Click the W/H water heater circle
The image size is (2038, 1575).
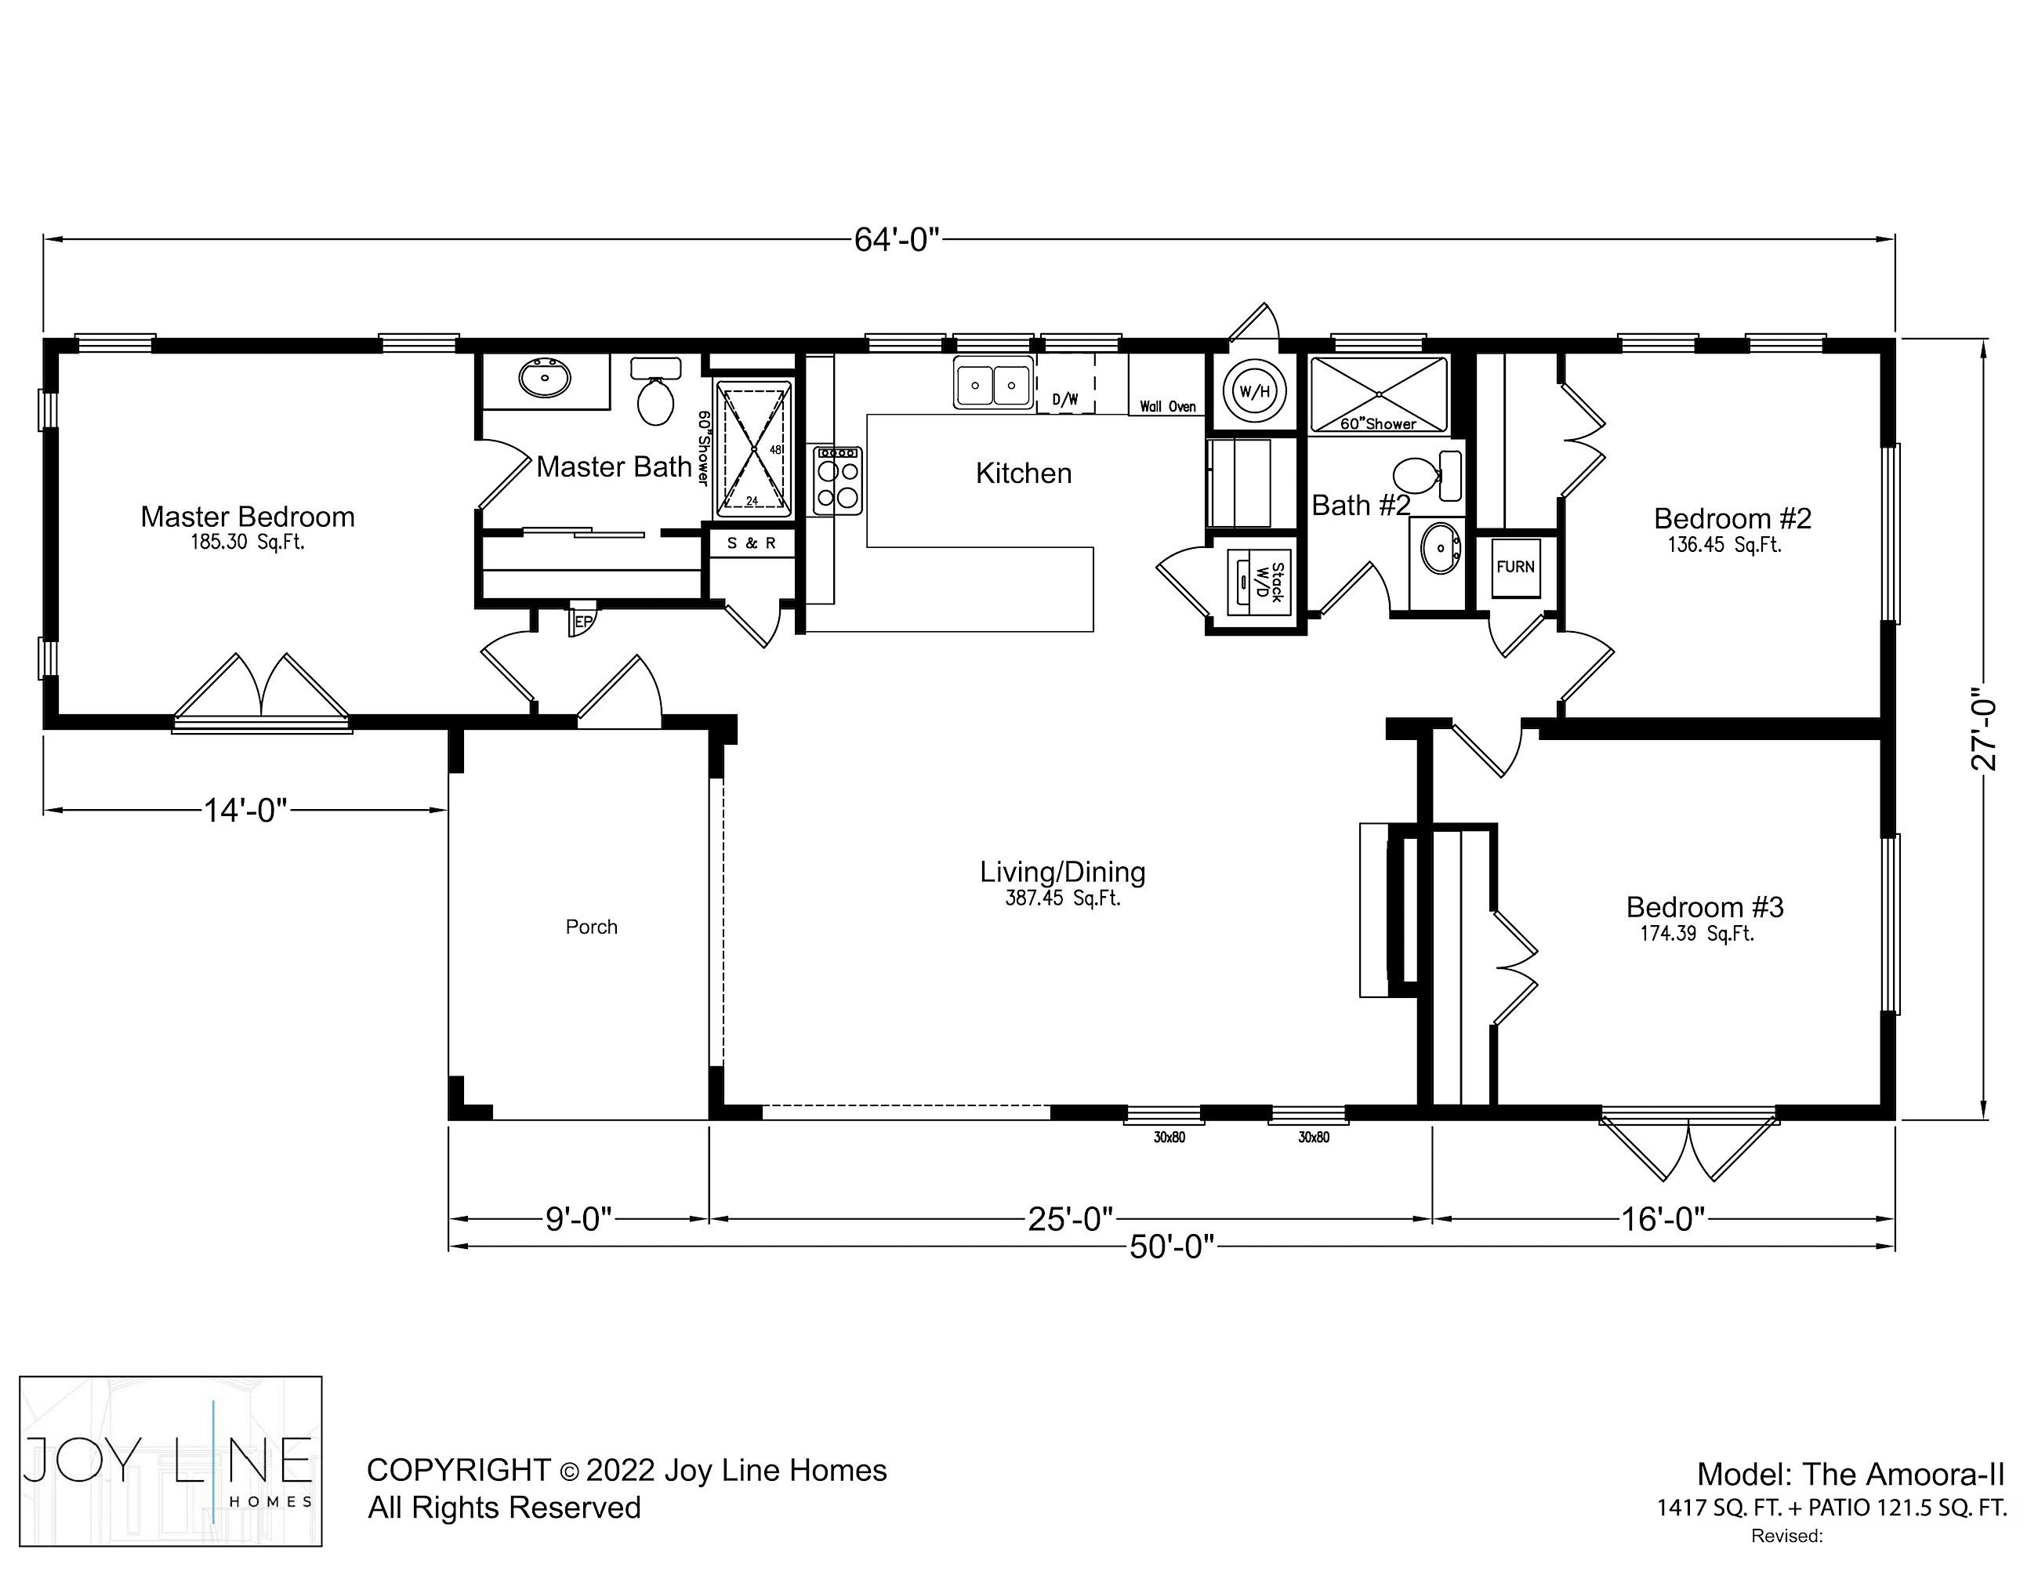(x=1255, y=391)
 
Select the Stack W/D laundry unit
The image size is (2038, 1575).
(x=1259, y=583)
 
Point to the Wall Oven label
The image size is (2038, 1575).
(x=1167, y=407)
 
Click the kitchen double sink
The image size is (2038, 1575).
(x=993, y=383)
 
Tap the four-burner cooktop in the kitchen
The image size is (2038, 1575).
(x=838, y=481)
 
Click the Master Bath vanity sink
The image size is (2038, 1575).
(x=544, y=378)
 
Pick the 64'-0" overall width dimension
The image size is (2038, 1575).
(x=896, y=240)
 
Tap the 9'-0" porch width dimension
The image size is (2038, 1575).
(x=578, y=1218)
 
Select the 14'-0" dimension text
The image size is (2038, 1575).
(x=245, y=810)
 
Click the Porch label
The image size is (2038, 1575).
(x=592, y=927)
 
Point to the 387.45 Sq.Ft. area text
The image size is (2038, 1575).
(x=1063, y=898)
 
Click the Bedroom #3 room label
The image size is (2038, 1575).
(x=1705, y=907)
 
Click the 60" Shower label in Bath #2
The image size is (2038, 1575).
(x=1378, y=423)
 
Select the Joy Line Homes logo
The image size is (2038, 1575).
(x=171, y=1461)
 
